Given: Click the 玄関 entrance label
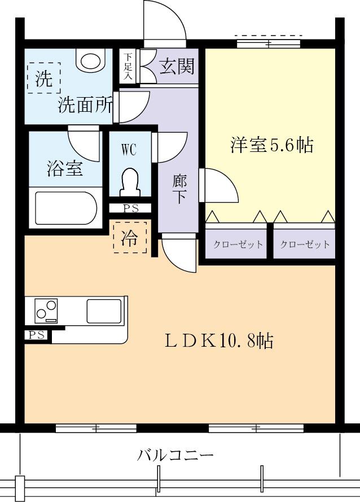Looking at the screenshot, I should (x=177, y=67).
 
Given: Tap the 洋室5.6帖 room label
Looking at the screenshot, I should (x=271, y=145).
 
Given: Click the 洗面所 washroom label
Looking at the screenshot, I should (x=85, y=105).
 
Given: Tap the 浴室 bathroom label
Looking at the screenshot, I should (x=64, y=168).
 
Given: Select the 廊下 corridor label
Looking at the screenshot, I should (x=179, y=189).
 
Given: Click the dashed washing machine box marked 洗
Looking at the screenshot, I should (x=44, y=78).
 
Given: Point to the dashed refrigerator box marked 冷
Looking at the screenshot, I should (x=130, y=238).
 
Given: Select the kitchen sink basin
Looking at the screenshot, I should (x=103, y=311).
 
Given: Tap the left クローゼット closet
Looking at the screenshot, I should (x=238, y=245).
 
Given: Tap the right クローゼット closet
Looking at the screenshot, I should (x=305, y=245).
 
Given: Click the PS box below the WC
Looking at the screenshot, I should (x=130, y=208).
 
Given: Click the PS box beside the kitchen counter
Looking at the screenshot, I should (x=37, y=335).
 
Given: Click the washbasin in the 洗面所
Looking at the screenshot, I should (x=90, y=59).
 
